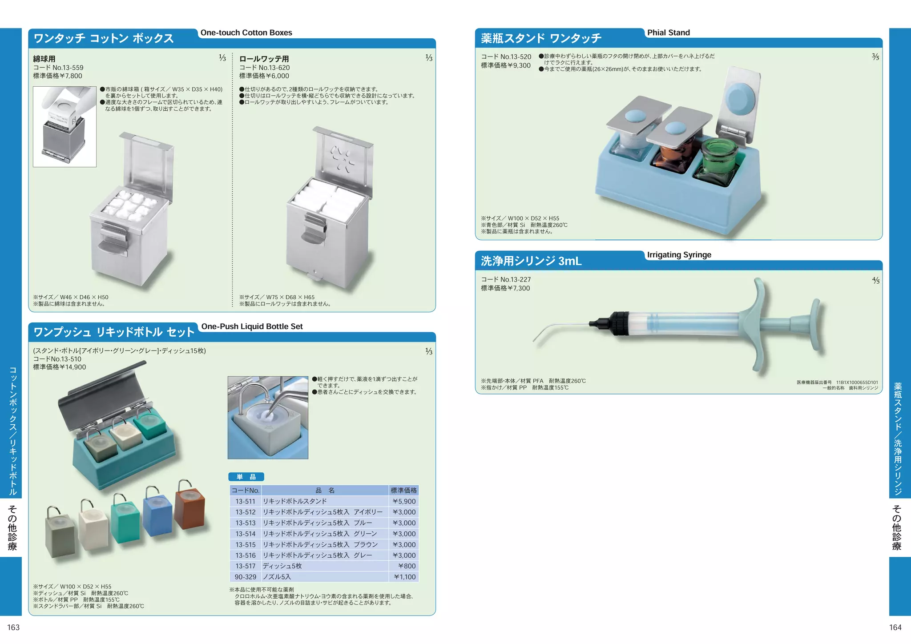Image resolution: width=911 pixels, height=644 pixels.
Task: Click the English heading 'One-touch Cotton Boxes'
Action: click(x=246, y=32)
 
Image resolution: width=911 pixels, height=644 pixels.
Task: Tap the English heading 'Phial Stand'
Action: click(x=668, y=32)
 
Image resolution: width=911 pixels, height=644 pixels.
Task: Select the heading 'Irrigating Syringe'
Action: click(x=679, y=255)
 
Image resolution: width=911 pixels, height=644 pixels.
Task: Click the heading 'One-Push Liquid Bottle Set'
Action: click(x=252, y=326)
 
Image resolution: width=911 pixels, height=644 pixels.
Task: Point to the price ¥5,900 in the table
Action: click(x=404, y=501)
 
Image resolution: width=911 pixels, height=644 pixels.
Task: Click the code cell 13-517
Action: click(x=246, y=566)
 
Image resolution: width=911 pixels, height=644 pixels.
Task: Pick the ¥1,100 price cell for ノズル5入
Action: click(x=404, y=577)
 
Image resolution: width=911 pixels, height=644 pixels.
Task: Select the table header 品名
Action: click(x=325, y=491)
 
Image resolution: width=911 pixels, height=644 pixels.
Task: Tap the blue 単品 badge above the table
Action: click(x=246, y=477)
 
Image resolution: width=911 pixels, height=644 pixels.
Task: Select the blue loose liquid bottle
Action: click(x=157, y=516)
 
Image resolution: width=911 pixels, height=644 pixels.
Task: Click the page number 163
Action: click(x=13, y=628)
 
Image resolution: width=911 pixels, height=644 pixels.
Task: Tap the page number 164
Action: click(x=895, y=628)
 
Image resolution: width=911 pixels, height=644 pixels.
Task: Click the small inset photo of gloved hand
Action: click(x=64, y=127)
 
